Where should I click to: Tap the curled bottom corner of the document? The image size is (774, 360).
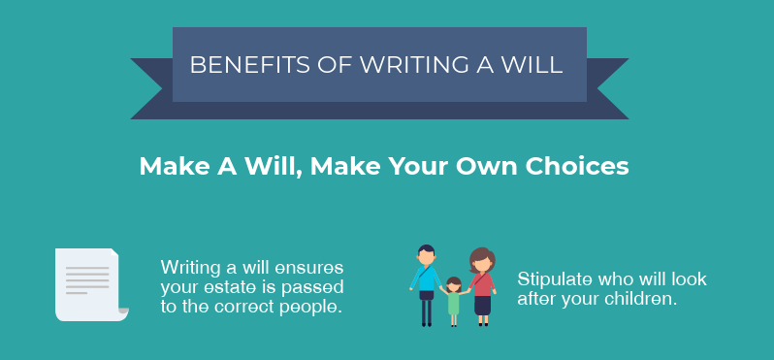coord(120,311)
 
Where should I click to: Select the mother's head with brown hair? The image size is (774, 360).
coord(482,261)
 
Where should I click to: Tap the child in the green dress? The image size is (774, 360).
coord(453,301)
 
